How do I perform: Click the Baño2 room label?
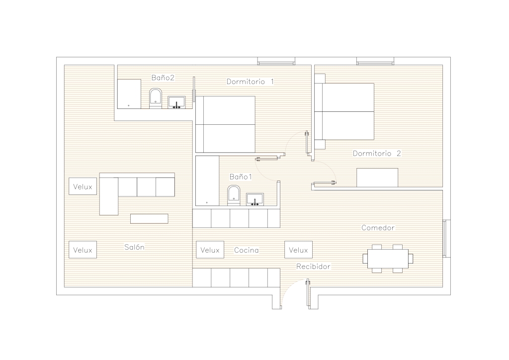tap(163, 78)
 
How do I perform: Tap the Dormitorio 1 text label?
tap(250, 82)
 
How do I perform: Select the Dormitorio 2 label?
tap(377, 153)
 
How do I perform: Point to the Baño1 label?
tap(241, 177)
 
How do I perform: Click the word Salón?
tap(134, 247)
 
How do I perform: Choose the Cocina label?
tap(247, 250)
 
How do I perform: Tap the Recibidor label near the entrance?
tap(313, 266)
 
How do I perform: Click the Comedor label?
tap(378, 228)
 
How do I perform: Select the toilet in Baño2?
tap(156, 98)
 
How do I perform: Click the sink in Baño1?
tap(255, 199)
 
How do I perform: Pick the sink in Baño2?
tap(176, 102)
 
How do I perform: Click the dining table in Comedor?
tap(388, 259)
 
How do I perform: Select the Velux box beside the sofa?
tap(83, 186)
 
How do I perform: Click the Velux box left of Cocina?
tap(210, 250)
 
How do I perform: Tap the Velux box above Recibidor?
tap(298, 250)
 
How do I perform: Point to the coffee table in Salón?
tap(149, 219)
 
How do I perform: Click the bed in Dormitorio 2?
tap(344, 112)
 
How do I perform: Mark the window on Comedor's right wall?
tap(447, 239)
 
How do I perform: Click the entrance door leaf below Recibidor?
tap(307, 293)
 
